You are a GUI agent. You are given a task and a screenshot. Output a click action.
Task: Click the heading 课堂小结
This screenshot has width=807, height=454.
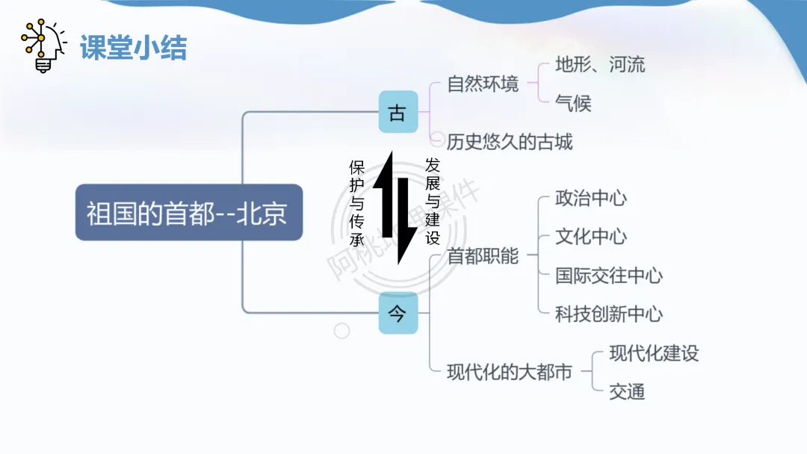click(x=133, y=48)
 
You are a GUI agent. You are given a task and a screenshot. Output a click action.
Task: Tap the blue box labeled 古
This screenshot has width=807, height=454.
click(x=398, y=112)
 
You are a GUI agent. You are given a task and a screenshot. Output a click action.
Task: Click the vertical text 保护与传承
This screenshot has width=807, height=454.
click(x=357, y=203)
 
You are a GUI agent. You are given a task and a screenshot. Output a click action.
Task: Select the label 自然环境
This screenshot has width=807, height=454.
click(x=483, y=84)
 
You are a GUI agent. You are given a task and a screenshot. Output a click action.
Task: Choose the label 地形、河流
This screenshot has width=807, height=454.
click(x=600, y=64)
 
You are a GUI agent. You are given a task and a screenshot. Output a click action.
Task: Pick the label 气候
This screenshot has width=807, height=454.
click(x=573, y=104)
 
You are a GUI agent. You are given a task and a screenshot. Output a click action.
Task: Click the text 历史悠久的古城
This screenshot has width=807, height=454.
click(x=510, y=141)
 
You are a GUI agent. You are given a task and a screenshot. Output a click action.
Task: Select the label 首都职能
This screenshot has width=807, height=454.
click(x=483, y=256)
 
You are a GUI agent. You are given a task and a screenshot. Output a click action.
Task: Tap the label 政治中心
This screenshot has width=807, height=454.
click(x=591, y=198)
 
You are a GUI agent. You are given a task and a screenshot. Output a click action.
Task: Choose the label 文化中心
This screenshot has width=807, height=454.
click(x=591, y=237)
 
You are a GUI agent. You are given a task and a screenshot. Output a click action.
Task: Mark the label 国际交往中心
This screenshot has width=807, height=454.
click(x=609, y=276)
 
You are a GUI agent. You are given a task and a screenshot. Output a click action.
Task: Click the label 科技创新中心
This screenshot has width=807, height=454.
click(x=609, y=314)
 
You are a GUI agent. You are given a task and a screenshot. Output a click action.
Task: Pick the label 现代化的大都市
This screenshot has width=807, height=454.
click(x=510, y=372)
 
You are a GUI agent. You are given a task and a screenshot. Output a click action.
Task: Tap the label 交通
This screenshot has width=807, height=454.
click(x=627, y=391)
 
